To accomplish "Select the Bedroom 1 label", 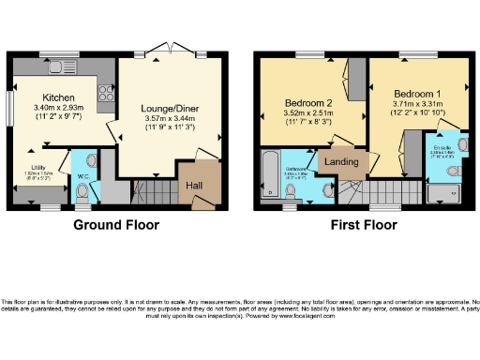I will tap(413, 95).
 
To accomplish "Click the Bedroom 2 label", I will tap(308, 102).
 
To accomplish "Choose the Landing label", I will tap(338, 161).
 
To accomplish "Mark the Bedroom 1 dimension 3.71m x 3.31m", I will tap(413, 106).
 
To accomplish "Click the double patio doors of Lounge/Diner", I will tap(169, 54).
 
